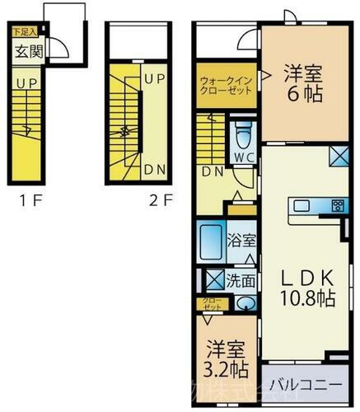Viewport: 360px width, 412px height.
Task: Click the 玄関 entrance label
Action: click(26, 52)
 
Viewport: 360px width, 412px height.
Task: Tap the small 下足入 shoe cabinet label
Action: click(23, 34)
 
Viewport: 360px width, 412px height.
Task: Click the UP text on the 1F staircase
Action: click(26, 84)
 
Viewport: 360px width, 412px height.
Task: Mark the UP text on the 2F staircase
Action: click(153, 79)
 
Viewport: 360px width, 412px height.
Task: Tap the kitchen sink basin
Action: click(301, 206)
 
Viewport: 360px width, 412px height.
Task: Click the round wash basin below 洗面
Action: click(244, 302)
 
